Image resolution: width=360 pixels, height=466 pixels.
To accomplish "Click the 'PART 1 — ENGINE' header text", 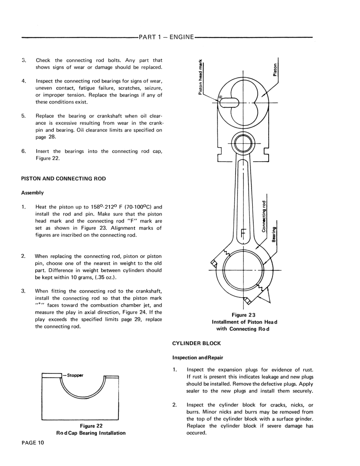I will pyautogui.click(x=166, y=37).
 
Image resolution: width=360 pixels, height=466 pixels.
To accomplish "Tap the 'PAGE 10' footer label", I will pyautogui.click(x=33, y=442).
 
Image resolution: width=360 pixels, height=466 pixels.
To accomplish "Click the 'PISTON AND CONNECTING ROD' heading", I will pyautogui.click(x=63, y=178).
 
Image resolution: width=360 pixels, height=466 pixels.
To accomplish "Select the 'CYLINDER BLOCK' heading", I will pyautogui.click(x=196, y=343).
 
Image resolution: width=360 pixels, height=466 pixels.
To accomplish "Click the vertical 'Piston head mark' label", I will pyautogui.click(x=200, y=77).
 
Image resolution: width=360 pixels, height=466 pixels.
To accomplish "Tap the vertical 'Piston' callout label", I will pyautogui.click(x=275, y=70).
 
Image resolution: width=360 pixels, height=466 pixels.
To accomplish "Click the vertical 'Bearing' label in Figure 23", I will pyautogui.click(x=275, y=234).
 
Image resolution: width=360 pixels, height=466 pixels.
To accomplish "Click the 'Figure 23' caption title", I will pyautogui.click(x=244, y=315).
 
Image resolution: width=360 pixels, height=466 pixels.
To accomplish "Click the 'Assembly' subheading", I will pyautogui.click(x=32, y=193).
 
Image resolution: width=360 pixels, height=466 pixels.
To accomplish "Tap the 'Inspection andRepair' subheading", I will pyautogui.click(x=198, y=358).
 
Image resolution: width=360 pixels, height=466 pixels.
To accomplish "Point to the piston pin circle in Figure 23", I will pyautogui.click(x=243, y=143).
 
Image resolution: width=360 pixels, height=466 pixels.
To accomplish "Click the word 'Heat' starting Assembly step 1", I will pyautogui.click(x=42, y=207).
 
